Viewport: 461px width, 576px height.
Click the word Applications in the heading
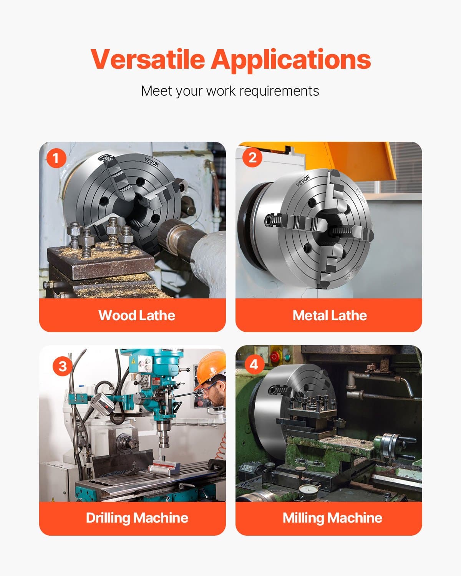pyautogui.click(x=291, y=60)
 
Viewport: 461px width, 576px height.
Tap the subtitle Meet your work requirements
pyautogui.click(x=230, y=91)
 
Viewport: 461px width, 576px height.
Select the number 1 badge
pyautogui.click(x=56, y=158)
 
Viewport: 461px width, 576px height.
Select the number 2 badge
pyautogui.click(x=252, y=157)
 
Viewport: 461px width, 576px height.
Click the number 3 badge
pyautogui.click(x=62, y=366)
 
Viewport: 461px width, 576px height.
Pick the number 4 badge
pyautogui.click(x=254, y=364)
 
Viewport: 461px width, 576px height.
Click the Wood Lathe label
pyautogui.click(x=137, y=315)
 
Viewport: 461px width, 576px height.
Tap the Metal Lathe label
pyautogui.click(x=329, y=315)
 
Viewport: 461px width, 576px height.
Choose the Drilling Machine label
pyautogui.click(x=137, y=518)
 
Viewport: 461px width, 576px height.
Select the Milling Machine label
pyautogui.click(x=332, y=518)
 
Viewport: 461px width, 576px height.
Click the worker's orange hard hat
pyautogui.click(x=211, y=367)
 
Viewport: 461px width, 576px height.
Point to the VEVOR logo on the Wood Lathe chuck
pyautogui.click(x=151, y=162)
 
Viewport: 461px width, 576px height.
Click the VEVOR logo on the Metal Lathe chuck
pyautogui.click(x=302, y=180)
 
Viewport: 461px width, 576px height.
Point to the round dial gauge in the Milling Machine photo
pyautogui.click(x=309, y=490)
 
